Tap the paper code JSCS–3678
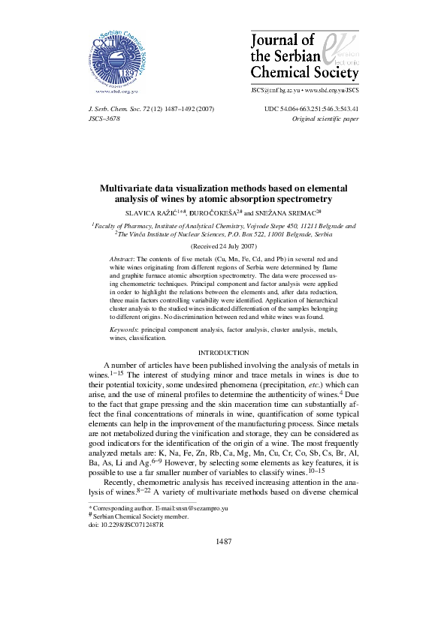click(x=105, y=119)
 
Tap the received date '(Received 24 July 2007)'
click(x=224, y=245)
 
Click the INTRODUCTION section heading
click(x=223, y=352)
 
